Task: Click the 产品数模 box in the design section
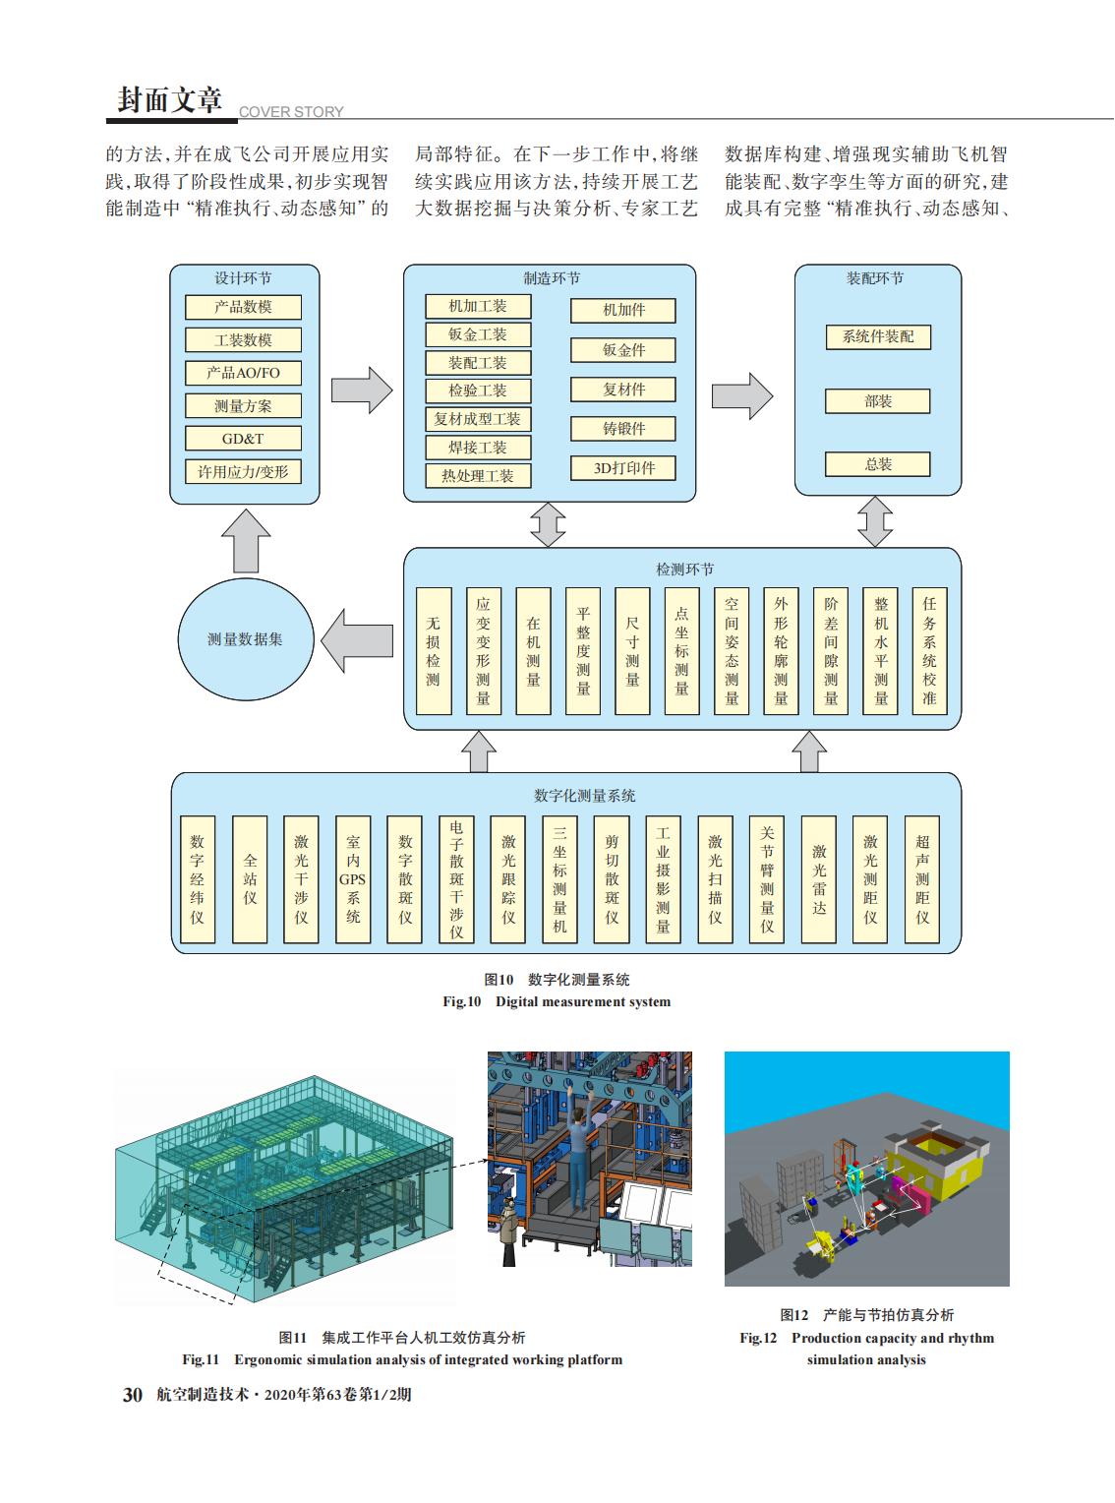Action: point(243,307)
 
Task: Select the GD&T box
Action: point(243,439)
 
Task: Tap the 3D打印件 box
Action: point(623,467)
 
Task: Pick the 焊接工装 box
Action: point(478,448)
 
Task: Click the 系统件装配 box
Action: point(878,336)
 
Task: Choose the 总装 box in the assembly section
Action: point(878,464)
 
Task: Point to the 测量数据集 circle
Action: point(246,639)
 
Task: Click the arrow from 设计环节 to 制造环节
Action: point(362,391)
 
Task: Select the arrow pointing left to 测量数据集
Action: point(357,640)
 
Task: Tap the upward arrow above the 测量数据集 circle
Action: point(246,541)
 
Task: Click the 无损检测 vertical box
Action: point(434,651)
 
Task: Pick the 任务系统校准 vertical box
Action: point(929,651)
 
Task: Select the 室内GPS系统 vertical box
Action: point(353,879)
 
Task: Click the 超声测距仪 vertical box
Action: point(922,879)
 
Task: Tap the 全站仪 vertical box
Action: point(250,879)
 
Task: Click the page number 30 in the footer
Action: point(133,1395)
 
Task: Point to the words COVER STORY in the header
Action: point(291,112)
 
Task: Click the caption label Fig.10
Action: point(462,1001)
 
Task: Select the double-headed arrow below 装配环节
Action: point(875,521)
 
